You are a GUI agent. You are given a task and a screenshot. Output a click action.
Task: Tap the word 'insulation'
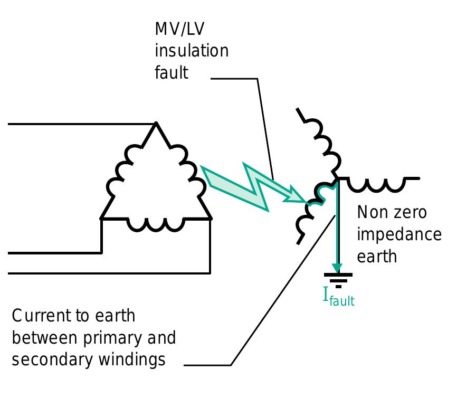pos(192,51)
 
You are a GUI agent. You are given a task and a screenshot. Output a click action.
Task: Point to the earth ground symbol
pos(338,278)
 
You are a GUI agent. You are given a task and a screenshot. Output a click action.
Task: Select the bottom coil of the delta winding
pos(156,224)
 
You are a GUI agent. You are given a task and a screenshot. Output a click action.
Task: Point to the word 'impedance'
pos(399,234)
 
